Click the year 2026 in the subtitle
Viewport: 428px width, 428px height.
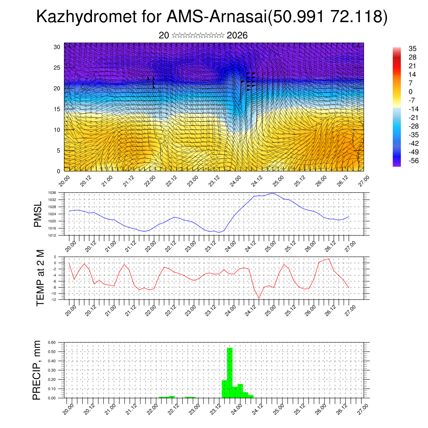click(237, 36)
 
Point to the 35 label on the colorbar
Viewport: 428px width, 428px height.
click(413, 48)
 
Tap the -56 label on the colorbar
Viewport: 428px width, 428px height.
click(413, 160)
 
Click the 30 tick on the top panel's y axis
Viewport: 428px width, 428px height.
click(57, 47)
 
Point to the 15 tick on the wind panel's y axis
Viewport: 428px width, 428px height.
click(57, 109)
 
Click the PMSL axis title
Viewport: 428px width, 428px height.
click(38, 214)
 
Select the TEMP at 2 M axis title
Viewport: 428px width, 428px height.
click(40, 278)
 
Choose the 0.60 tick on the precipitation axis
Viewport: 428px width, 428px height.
click(52, 342)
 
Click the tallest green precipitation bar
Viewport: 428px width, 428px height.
click(229, 372)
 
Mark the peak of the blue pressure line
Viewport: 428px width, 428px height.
click(273, 194)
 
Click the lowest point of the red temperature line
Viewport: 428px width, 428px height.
click(259, 298)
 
